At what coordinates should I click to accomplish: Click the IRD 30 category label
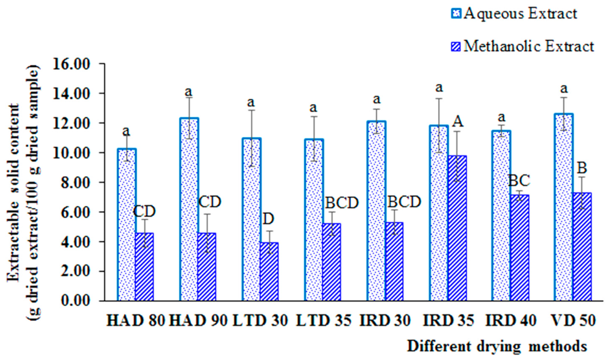coord(384,321)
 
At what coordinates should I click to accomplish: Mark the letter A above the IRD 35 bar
coord(458,121)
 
